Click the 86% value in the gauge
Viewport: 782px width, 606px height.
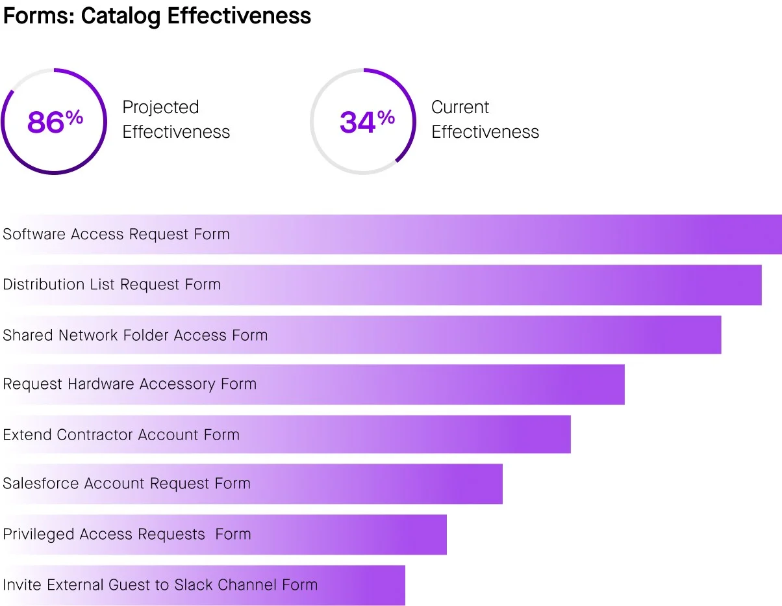[x=55, y=122]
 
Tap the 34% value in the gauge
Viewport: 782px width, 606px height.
[x=367, y=122]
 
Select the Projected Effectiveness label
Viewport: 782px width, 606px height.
[x=176, y=120]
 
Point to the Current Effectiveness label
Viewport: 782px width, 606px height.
[x=485, y=120]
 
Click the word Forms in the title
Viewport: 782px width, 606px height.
[x=38, y=16]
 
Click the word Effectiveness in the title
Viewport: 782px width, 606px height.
[x=239, y=16]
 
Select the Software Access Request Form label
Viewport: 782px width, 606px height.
[x=116, y=234]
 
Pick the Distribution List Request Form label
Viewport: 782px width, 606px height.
[x=112, y=284]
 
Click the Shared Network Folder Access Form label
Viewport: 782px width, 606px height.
[x=135, y=335]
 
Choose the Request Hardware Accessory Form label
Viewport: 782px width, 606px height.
[x=130, y=384]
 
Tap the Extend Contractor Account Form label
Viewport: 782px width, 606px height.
[x=121, y=434]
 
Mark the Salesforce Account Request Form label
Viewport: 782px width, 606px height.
[x=127, y=484]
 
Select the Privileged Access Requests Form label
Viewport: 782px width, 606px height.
[x=127, y=534]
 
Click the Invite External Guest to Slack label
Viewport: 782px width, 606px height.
[x=160, y=585]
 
